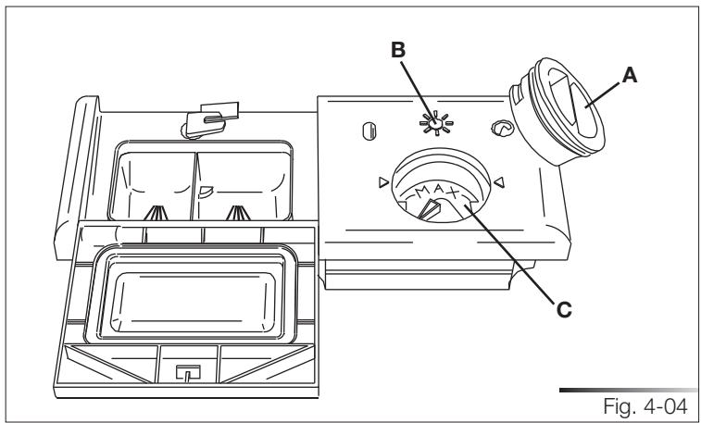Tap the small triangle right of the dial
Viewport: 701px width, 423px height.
500,181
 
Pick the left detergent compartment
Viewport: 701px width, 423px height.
153,181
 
